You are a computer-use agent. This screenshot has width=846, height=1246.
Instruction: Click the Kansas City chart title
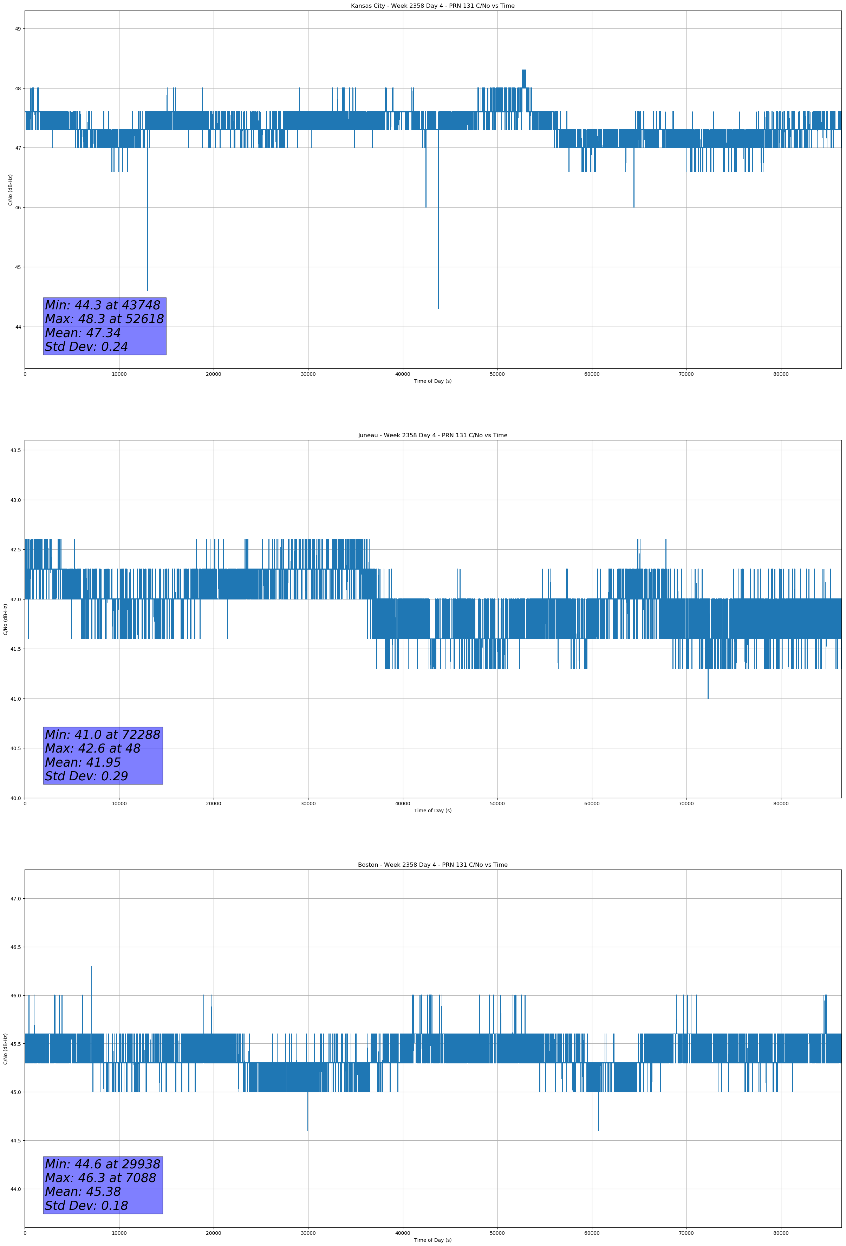pyautogui.click(x=432, y=6)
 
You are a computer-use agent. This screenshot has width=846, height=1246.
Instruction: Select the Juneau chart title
pyautogui.click(x=432, y=435)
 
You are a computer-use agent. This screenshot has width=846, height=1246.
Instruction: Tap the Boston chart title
pyautogui.click(x=432, y=865)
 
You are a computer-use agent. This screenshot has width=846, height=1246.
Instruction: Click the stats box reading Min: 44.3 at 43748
pyautogui.click(x=105, y=326)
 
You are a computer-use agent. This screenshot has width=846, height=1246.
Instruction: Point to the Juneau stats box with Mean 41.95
pyautogui.click(x=103, y=755)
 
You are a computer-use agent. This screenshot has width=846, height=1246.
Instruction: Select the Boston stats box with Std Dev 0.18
pyautogui.click(x=103, y=1185)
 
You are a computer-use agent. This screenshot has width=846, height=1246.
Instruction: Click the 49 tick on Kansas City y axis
pyautogui.click(x=18, y=29)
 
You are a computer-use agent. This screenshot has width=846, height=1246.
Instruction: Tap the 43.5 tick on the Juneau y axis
pyautogui.click(x=15, y=450)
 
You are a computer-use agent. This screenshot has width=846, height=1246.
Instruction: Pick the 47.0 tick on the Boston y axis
pyautogui.click(x=15, y=899)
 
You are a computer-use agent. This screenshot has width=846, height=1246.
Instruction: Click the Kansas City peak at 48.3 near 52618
pyautogui.click(x=523, y=71)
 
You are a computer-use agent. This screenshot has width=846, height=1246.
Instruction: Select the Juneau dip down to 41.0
pyautogui.click(x=708, y=697)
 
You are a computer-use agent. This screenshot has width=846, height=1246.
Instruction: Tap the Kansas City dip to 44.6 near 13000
pyautogui.click(x=148, y=289)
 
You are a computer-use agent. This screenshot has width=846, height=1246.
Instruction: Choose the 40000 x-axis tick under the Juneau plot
pyautogui.click(x=402, y=804)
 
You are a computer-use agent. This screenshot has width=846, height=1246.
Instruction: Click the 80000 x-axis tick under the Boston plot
pyautogui.click(x=781, y=1233)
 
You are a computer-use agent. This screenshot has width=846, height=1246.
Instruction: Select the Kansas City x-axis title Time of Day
pyautogui.click(x=432, y=381)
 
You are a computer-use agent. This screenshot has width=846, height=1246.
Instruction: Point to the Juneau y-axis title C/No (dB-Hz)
pyautogui.click(x=5, y=619)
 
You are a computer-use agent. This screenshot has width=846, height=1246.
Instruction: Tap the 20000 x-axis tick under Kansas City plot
pyautogui.click(x=214, y=374)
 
